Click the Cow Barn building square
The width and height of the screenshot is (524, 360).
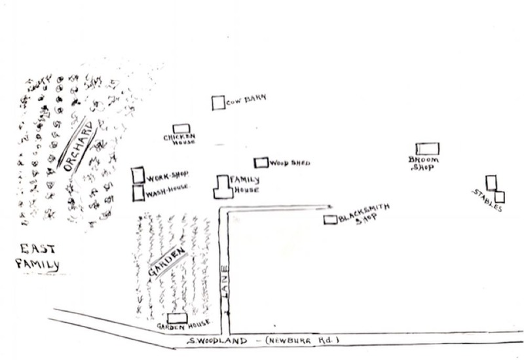click(x=218, y=103)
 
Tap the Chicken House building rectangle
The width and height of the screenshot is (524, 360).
click(x=181, y=129)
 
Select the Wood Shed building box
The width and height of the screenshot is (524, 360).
click(x=261, y=162)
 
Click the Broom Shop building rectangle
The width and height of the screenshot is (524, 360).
click(x=428, y=149)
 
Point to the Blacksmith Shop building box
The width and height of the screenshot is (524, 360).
click(x=330, y=220)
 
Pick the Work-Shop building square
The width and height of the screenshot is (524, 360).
click(x=138, y=175)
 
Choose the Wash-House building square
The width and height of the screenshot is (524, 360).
click(x=138, y=194)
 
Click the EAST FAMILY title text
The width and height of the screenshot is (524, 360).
click(x=38, y=257)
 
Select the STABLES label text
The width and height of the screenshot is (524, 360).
click(x=487, y=200)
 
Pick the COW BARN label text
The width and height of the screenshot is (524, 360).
click(x=247, y=101)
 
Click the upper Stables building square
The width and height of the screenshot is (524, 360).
click(x=491, y=183)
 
